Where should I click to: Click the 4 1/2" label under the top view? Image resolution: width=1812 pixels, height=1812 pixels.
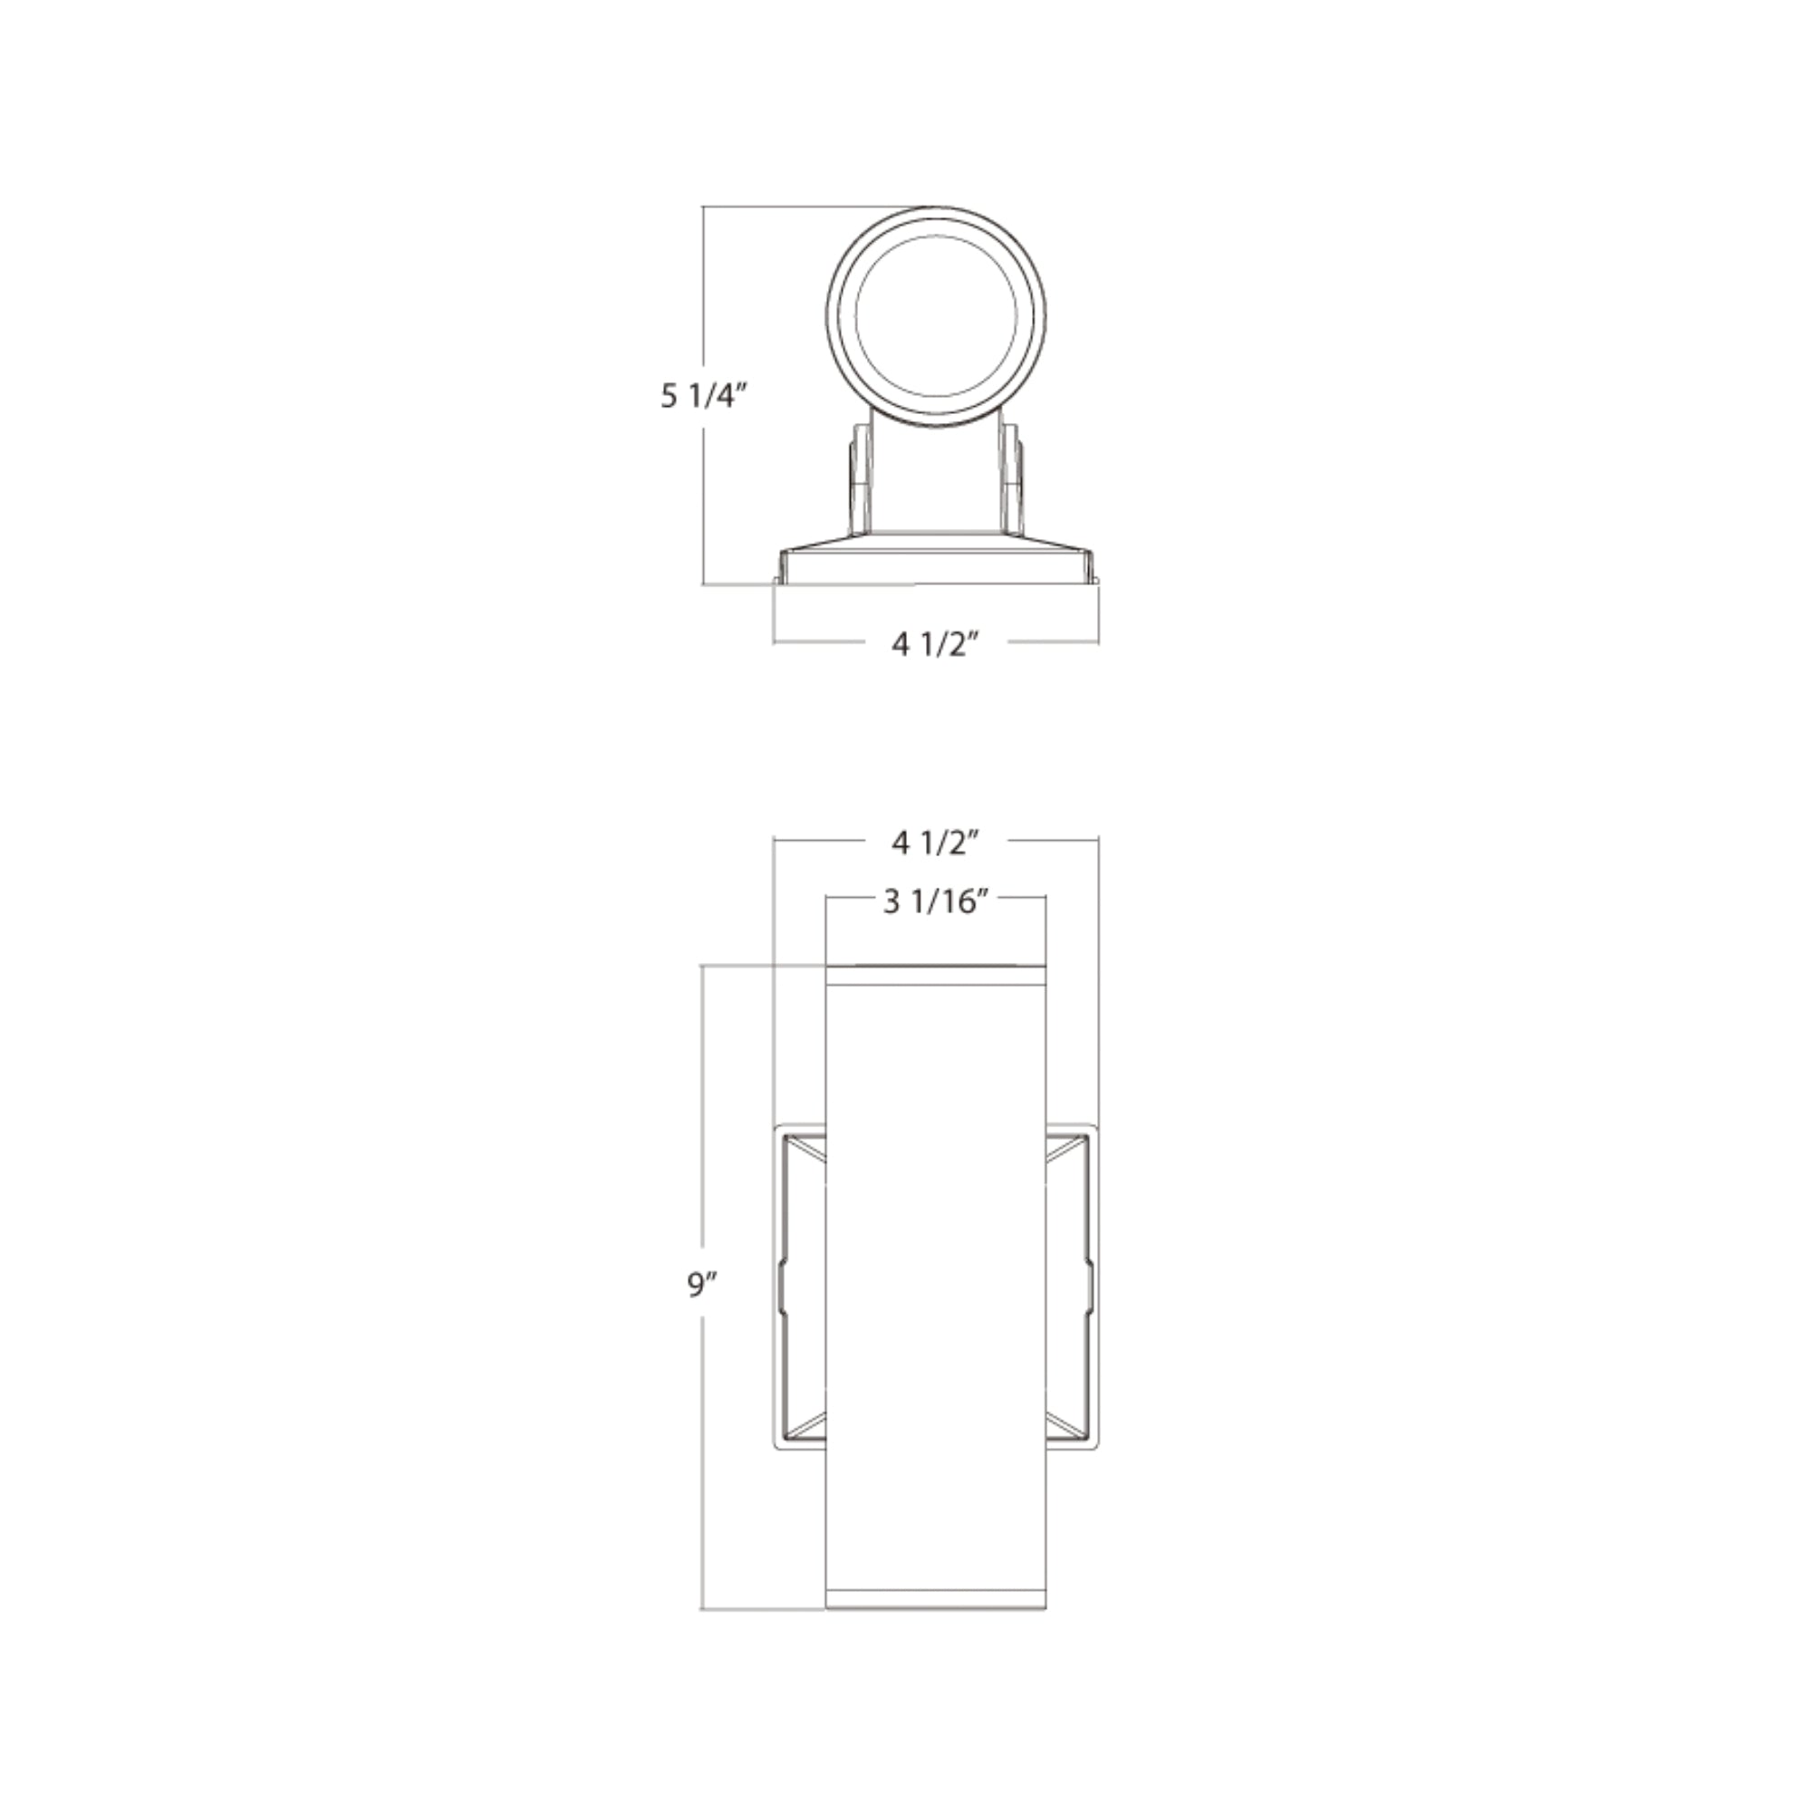coord(935,644)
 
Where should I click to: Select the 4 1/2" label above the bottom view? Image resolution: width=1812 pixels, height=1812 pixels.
coord(935,843)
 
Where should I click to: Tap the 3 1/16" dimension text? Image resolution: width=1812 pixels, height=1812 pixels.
coord(936,902)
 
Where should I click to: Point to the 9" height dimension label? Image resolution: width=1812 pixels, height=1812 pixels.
coord(701,1286)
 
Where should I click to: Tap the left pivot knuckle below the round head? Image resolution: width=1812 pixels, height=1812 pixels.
coord(859,478)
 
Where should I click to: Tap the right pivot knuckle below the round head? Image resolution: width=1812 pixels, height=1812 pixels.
coord(1013,478)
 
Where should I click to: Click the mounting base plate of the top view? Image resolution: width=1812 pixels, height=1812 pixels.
coord(935,566)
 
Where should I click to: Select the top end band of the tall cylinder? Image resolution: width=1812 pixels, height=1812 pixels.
coord(935,976)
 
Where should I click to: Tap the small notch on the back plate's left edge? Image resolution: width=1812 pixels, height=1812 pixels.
coord(780,1286)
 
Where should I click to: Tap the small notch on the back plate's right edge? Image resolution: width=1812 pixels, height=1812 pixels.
coord(1091,1286)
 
